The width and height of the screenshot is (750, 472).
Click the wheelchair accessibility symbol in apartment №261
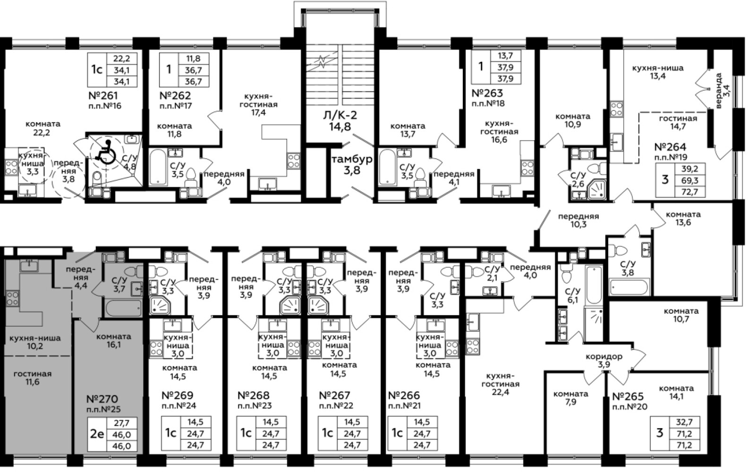[x=106, y=152]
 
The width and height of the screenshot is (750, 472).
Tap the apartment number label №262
[x=175, y=96]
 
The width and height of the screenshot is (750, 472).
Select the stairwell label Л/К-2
[x=340, y=116]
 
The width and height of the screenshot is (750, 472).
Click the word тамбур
[x=352, y=159]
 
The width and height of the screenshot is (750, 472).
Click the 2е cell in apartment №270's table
[x=97, y=434]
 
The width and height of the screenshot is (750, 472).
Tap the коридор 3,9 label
[x=604, y=361]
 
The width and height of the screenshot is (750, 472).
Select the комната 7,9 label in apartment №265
[x=571, y=398]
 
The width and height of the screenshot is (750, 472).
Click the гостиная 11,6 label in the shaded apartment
[x=33, y=378]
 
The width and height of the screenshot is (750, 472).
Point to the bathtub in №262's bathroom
[x=158, y=167]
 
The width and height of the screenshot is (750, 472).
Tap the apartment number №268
[x=254, y=396]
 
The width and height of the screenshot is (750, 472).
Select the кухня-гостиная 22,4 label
[x=501, y=384]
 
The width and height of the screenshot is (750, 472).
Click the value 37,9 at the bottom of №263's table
[x=505, y=79]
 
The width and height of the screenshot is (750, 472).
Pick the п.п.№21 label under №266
[x=404, y=406]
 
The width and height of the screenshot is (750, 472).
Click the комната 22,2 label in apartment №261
[x=43, y=128]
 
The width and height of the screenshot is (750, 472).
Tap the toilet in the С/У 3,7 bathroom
[x=132, y=271]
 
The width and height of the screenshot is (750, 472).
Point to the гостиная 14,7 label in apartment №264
[x=678, y=122]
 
